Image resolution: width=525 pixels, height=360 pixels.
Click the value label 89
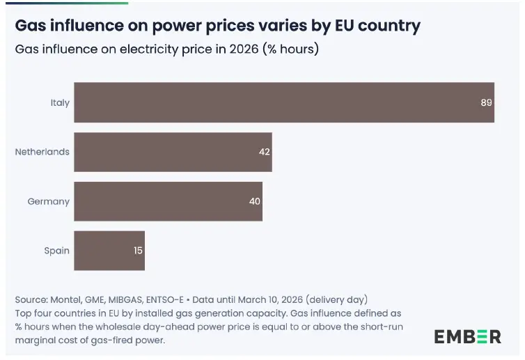[x=486, y=102]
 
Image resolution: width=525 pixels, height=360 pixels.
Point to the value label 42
[x=264, y=152]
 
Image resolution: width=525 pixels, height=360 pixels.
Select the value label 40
[x=254, y=201]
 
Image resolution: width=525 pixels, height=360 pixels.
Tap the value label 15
[x=138, y=251]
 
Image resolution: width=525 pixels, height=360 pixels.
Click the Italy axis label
[x=60, y=102]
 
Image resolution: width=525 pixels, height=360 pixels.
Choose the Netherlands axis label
[x=42, y=152]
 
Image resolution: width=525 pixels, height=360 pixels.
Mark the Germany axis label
[x=49, y=201]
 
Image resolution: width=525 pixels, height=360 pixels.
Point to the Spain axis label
[x=57, y=251]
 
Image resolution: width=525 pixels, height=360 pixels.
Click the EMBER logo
[x=467, y=336]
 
